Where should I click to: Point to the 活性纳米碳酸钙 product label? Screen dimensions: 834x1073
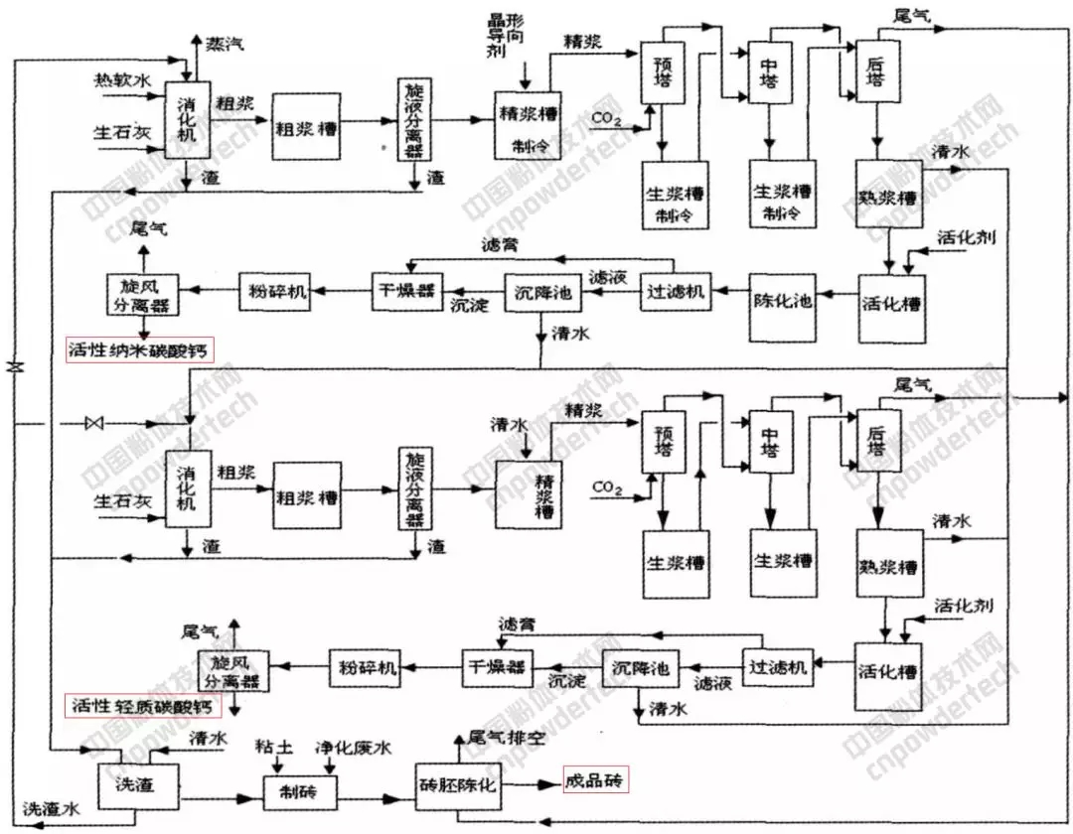coord(140,349)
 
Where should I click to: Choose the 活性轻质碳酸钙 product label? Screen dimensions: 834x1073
coord(140,706)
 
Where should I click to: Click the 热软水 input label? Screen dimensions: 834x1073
coord(122,79)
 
